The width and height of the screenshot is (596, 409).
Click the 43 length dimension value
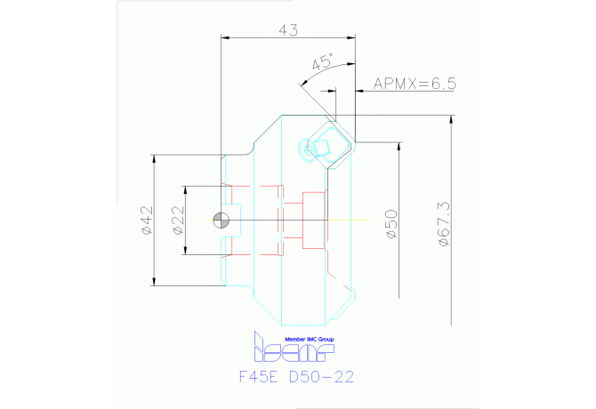(x=287, y=30)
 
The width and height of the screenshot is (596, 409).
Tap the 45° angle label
(x=322, y=63)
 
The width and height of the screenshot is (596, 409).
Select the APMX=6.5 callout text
(x=414, y=84)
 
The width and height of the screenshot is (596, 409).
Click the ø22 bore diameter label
(x=177, y=221)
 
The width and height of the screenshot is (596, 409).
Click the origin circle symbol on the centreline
(x=221, y=221)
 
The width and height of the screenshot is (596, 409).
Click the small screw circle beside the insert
(x=310, y=149)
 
